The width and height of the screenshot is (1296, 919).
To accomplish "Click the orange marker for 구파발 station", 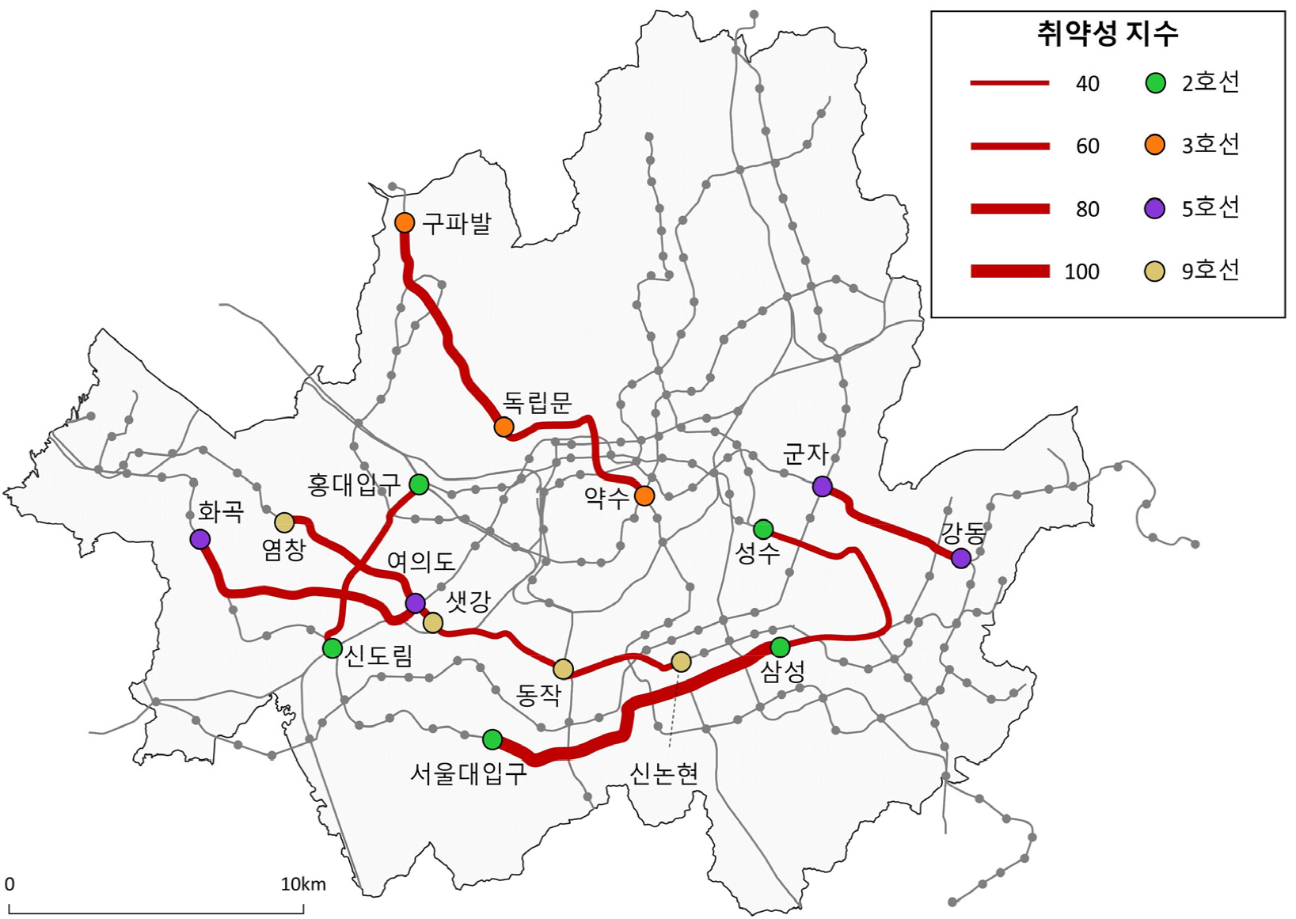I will (x=405, y=222).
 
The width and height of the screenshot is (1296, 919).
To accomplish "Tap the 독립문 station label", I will (x=538, y=403).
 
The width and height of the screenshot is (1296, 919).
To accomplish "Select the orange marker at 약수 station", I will (x=644, y=496).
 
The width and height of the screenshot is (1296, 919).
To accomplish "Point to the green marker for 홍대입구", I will (x=419, y=484).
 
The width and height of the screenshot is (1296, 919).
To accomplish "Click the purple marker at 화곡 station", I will (x=200, y=539).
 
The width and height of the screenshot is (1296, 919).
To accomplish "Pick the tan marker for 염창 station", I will (x=284, y=522).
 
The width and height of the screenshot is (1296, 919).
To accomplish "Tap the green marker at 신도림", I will (x=333, y=647).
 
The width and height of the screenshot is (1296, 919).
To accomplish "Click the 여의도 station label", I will (x=420, y=562).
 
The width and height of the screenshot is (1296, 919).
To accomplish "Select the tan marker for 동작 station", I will (x=563, y=669).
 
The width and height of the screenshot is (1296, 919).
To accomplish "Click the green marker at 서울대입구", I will (x=492, y=739).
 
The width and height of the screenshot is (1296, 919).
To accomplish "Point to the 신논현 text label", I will (x=663, y=773).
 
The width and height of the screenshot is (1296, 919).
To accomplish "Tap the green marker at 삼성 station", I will (x=780, y=647).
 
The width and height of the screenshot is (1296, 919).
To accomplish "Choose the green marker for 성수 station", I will (x=763, y=529).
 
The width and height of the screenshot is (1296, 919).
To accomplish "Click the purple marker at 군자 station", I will (x=823, y=486).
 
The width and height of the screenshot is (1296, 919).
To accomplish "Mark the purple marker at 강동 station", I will (x=961, y=558).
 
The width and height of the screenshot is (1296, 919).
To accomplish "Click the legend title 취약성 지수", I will (x=1108, y=33).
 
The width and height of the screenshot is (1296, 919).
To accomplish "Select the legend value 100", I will (x=1081, y=272).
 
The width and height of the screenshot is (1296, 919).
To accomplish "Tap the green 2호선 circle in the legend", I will (x=1156, y=82).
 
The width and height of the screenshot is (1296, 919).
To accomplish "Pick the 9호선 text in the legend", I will (x=1210, y=271).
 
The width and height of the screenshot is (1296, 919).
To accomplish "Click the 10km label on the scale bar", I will (x=303, y=884).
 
